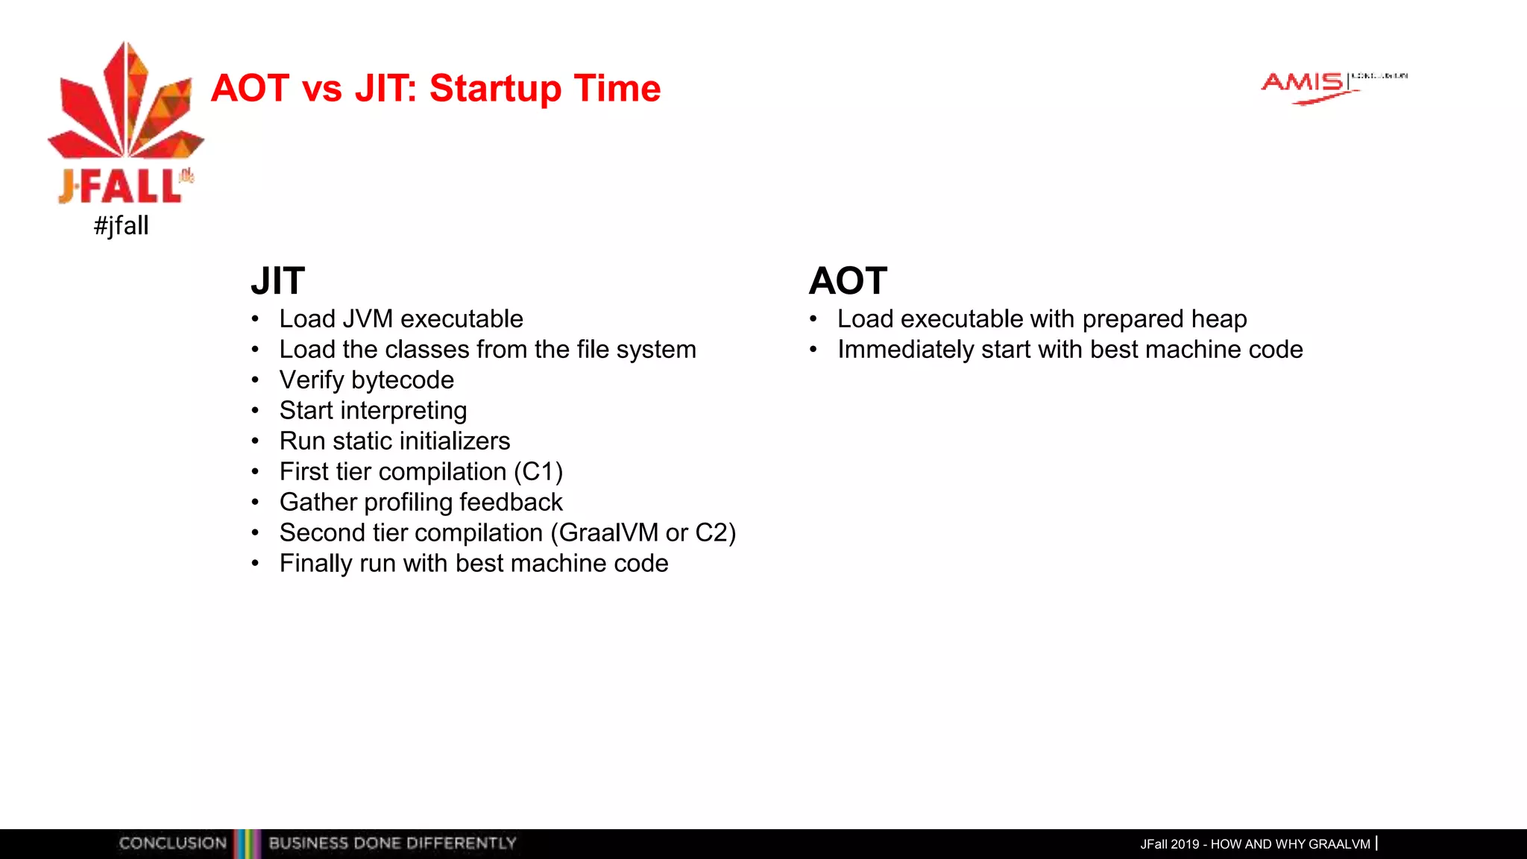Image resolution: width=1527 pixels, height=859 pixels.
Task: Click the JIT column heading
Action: [x=277, y=281]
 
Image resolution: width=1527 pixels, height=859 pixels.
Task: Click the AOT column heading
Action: [x=848, y=281]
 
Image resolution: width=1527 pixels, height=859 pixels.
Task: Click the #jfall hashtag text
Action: [x=121, y=225]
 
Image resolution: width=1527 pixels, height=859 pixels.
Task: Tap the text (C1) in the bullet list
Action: [x=538, y=472]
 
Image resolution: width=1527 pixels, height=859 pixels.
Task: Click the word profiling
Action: [x=408, y=503]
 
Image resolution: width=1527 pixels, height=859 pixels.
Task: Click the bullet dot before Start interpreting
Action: [x=255, y=411]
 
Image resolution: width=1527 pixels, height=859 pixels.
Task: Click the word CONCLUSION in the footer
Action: [x=172, y=843]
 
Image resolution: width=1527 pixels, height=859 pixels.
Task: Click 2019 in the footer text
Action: [x=1185, y=844]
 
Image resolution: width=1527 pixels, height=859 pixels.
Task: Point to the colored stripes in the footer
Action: [x=247, y=843]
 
